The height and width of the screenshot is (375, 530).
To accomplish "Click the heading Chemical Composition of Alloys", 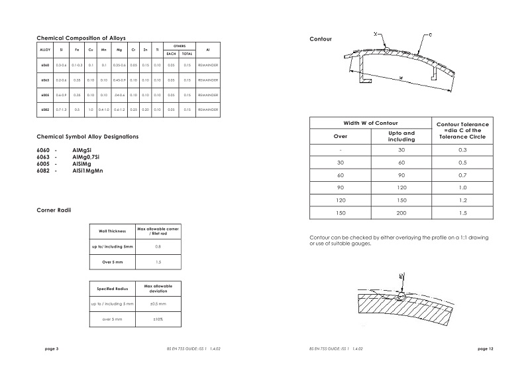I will click(x=81, y=38).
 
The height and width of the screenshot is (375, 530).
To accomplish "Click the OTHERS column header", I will click(x=179, y=46).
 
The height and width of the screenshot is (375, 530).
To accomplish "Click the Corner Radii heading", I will click(x=54, y=210).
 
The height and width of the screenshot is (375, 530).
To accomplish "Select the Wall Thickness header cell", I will click(x=113, y=231).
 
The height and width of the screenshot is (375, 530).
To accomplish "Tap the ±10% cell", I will click(x=158, y=319).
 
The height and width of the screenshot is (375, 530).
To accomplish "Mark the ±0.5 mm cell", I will click(x=158, y=303).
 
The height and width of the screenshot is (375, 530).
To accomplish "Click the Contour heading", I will click(x=321, y=40).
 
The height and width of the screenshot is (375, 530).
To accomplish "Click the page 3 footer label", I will click(x=52, y=348).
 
